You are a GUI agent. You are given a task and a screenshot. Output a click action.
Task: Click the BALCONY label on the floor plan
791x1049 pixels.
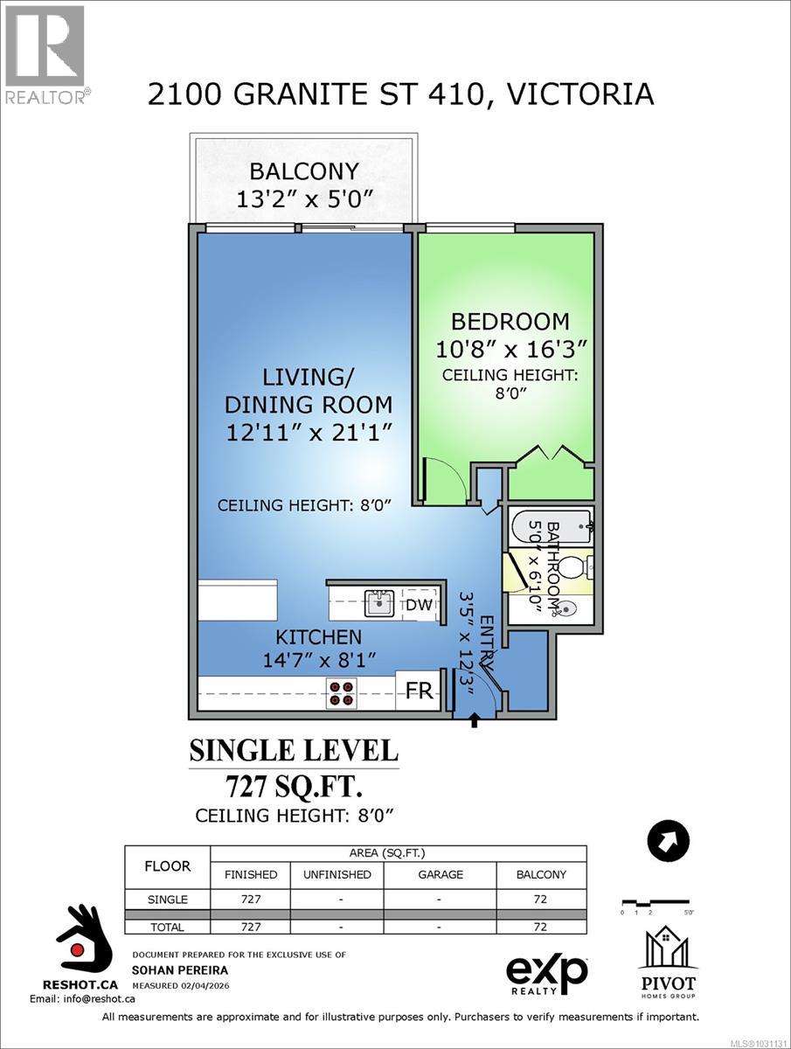tap(304, 170)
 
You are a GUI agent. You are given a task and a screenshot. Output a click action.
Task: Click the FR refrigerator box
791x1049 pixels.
tap(420, 691)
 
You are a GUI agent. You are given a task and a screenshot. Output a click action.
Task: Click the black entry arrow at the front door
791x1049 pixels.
tap(475, 720)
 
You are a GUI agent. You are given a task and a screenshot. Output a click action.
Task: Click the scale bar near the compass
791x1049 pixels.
tap(655, 901)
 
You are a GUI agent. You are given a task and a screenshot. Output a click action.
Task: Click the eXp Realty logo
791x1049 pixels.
tap(547, 973)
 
